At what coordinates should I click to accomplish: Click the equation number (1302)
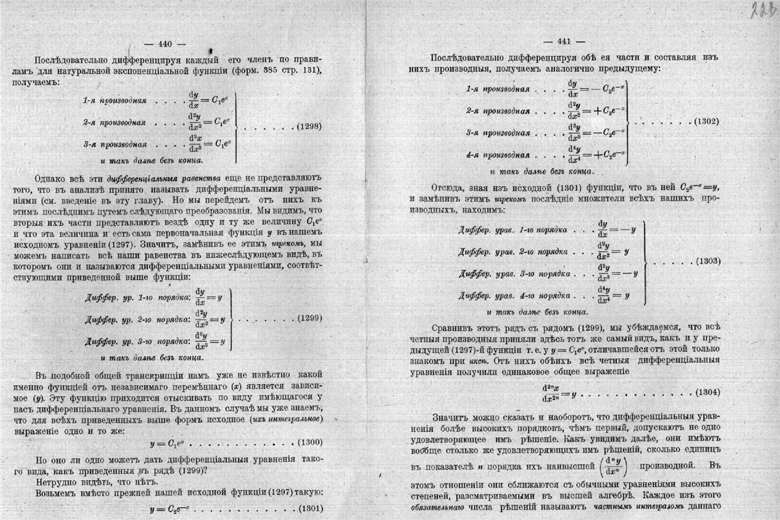point(706,121)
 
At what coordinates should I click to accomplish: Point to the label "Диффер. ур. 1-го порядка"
point(137,298)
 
